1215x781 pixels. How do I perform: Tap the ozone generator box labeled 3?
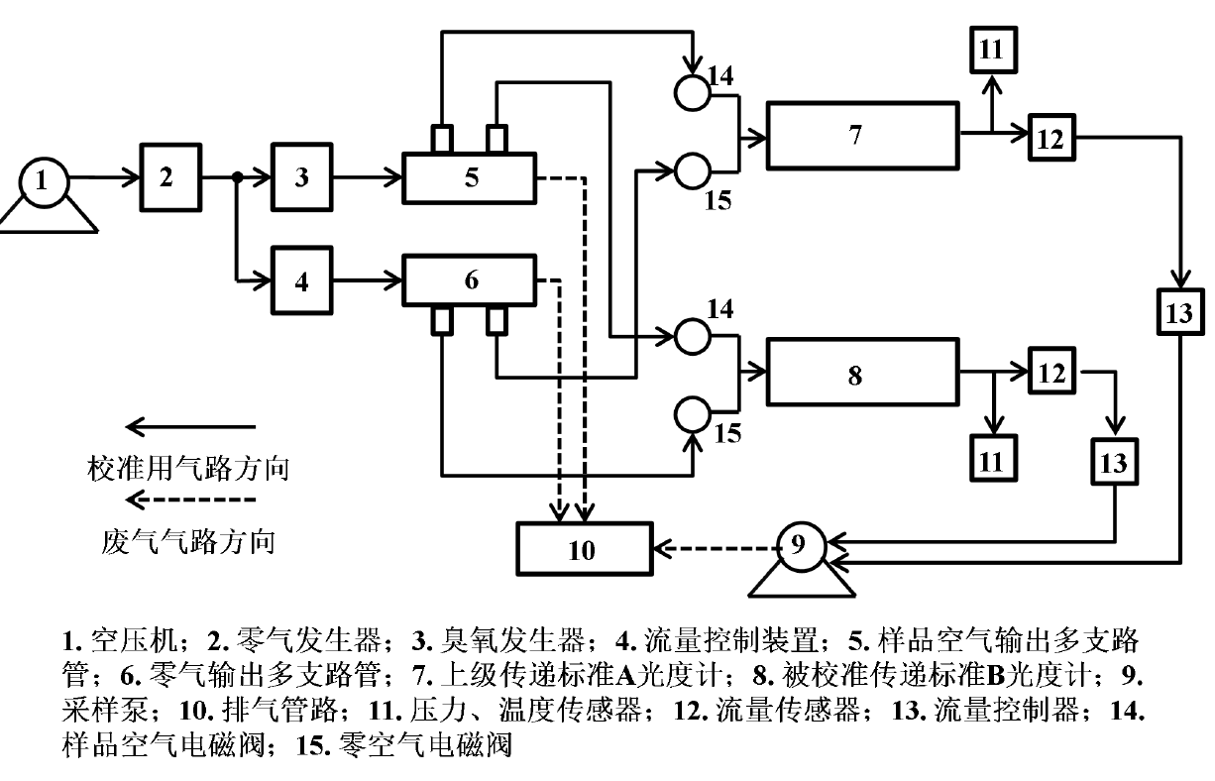[302, 177]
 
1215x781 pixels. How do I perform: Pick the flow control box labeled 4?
[302, 281]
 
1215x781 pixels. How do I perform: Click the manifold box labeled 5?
[470, 177]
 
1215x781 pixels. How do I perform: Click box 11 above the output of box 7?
[992, 50]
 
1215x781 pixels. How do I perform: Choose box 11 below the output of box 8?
[992, 460]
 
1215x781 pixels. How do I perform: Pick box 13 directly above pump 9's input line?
[1116, 461]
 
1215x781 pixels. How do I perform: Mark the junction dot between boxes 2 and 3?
[238, 178]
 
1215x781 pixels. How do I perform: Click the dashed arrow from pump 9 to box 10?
[713, 545]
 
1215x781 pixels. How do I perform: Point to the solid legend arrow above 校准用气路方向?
[190, 427]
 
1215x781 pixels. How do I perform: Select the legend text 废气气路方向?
[188, 541]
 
